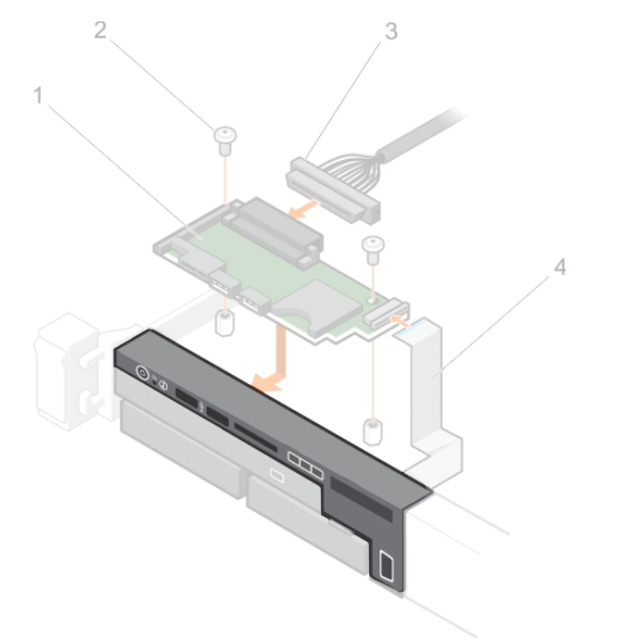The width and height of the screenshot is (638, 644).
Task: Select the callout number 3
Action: coord(390,31)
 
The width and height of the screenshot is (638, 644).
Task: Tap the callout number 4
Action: coord(559,268)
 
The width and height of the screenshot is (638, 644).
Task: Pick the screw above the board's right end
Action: coord(372,247)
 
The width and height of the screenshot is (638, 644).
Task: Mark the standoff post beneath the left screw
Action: coord(223,324)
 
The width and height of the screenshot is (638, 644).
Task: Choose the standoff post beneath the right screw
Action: coord(372,434)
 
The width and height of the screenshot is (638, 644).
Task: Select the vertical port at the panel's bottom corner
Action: coord(386,564)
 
